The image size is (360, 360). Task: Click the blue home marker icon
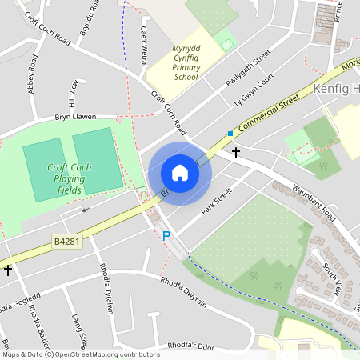[180, 173]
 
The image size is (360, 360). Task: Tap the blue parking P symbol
[166, 236]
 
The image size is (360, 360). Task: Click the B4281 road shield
[67, 240]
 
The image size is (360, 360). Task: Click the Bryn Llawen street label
[74, 116]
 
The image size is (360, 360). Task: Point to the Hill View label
[74, 94]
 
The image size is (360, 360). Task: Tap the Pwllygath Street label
[249, 72]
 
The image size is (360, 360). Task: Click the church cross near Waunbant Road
[236, 151]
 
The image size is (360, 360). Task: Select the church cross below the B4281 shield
[7, 270]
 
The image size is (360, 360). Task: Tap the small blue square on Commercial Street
[230, 133]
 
